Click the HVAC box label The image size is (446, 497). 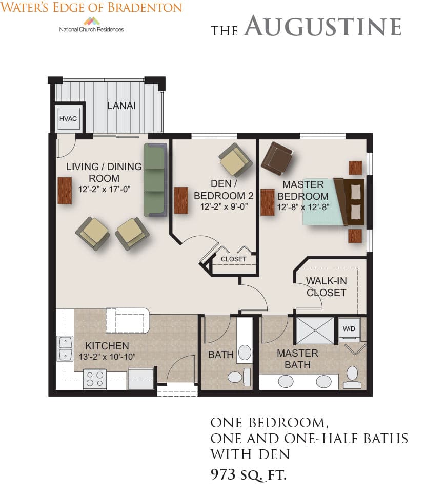pyautogui.click(x=68, y=118)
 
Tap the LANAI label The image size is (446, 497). pyautogui.click(x=121, y=106)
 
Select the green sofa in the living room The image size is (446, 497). pyautogui.click(x=155, y=180)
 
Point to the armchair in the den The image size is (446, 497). pyautogui.click(x=236, y=159)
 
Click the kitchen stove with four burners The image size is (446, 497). pyautogui.click(x=95, y=379)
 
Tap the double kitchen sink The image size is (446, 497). pyautogui.click(x=65, y=348)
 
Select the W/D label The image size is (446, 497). pyautogui.click(x=349, y=329)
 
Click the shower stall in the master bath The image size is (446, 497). pyautogui.click(x=315, y=330)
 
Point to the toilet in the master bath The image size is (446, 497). pyautogui.click(x=352, y=378)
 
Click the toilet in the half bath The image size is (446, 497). pyautogui.click(x=239, y=377)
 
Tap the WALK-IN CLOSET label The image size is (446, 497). pyautogui.click(x=326, y=286)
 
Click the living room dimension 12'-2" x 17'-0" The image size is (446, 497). pyautogui.click(x=105, y=189)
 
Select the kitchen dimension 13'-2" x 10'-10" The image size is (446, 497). pyautogui.click(x=107, y=357)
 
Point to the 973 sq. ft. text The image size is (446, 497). pyautogui.click(x=249, y=475)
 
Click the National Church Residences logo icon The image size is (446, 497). pyautogui.click(x=92, y=21)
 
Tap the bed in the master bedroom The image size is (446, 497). pyautogui.click(x=333, y=202)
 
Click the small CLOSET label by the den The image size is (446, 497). pyautogui.click(x=233, y=259)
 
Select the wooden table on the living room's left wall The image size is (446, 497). pyautogui.click(x=65, y=190)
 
